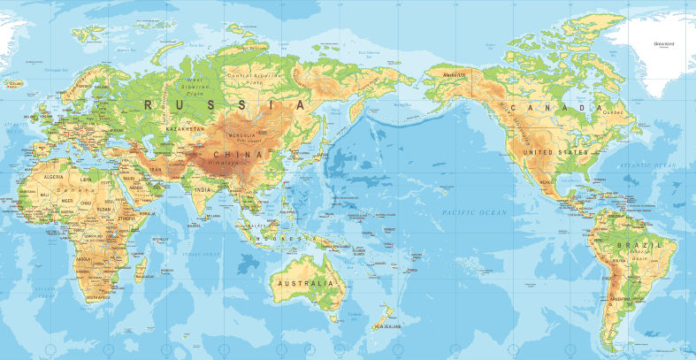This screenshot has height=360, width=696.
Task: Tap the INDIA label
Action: [x=202, y=188]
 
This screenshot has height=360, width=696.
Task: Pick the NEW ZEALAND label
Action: [x=387, y=326]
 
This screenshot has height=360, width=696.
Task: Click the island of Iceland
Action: [x=15, y=85]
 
